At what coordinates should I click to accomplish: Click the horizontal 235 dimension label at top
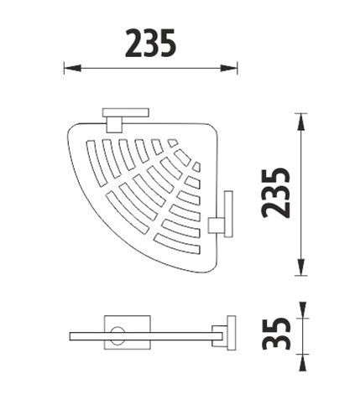tap(151, 43)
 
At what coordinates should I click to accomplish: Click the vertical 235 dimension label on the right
tap(275, 193)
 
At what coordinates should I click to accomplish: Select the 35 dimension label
tap(276, 334)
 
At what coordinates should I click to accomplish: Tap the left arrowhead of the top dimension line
tap(72, 68)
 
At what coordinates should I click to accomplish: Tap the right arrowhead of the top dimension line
tap(229, 68)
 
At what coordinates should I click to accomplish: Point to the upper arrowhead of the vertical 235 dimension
tap(300, 122)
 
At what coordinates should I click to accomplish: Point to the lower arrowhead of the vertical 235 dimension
tap(300, 267)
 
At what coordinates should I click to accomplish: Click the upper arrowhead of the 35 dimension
tap(302, 310)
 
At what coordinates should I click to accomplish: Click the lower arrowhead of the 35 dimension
tap(302, 362)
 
